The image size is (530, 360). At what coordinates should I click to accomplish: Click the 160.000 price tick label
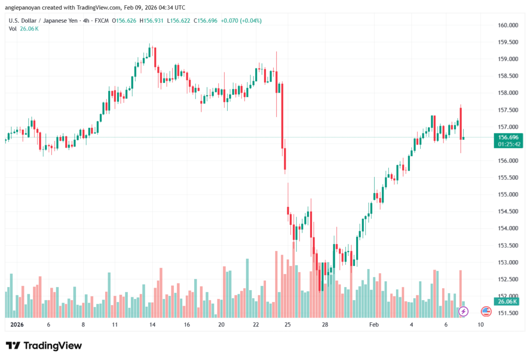pyautogui.click(x=508, y=25)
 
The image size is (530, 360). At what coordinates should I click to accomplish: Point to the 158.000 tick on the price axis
pyautogui.click(x=508, y=93)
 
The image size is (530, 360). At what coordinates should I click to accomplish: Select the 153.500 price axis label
pyautogui.click(x=508, y=246)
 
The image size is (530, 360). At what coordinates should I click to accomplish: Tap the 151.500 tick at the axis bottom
pyautogui.click(x=508, y=313)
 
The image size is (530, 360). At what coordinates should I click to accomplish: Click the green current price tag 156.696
pyautogui.click(x=508, y=137)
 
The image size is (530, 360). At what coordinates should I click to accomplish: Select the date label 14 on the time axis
pyautogui.click(x=152, y=325)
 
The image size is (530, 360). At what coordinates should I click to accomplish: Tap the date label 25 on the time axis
pyautogui.click(x=288, y=325)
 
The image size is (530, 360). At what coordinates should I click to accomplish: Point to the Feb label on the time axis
pyautogui.click(x=374, y=325)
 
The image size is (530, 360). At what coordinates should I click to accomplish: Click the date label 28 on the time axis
pyautogui.click(x=325, y=325)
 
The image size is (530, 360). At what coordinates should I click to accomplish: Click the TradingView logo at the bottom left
pyautogui.click(x=44, y=346)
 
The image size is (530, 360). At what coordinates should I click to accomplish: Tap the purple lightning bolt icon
pyautogui.click(x=464, y=311)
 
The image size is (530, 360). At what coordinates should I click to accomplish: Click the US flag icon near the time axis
pyautogui.click(x=486, y=311)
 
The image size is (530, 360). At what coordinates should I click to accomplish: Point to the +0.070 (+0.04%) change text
pyautogui.click(x=241, y=21)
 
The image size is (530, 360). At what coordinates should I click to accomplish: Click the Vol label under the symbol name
pyautogui.click(x=13, y=28)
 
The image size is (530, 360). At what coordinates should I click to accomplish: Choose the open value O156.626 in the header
pyautogui.click(x=125, y=21)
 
